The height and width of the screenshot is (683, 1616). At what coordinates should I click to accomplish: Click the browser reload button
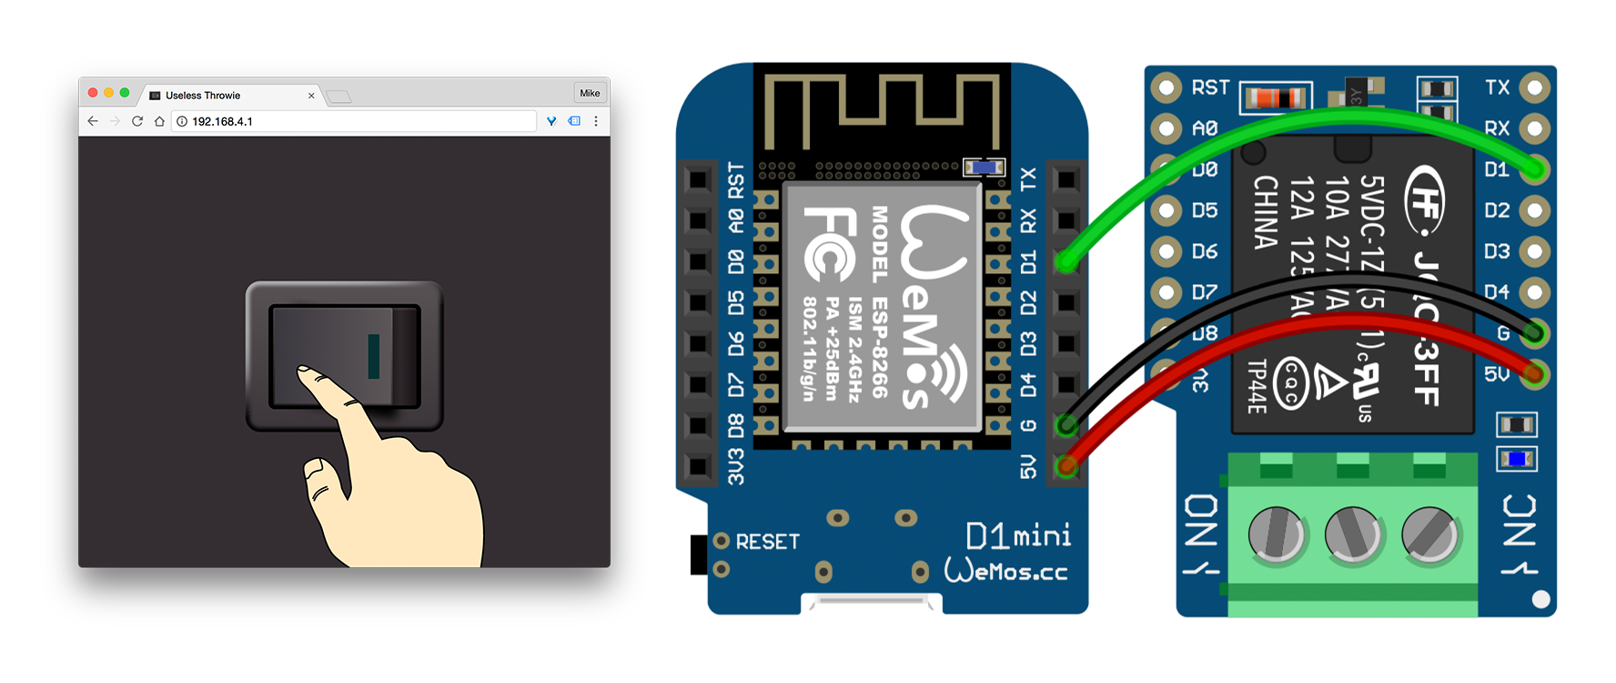[137, 121]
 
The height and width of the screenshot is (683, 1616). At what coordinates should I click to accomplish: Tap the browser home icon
[159, 121]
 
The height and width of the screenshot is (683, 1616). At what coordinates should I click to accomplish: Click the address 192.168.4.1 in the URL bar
[222, 121]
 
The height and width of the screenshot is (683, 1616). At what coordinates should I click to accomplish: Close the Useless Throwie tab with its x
[311, 96]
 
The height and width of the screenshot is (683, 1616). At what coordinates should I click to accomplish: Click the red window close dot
[93, 93]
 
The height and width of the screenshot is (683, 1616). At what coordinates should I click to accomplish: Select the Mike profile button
[590, 93]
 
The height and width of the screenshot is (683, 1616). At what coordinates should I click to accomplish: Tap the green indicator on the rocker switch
[373, 355]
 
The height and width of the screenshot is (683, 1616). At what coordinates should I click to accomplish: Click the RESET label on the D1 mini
[767, 542]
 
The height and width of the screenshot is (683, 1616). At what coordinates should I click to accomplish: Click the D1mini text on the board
[1018, 536]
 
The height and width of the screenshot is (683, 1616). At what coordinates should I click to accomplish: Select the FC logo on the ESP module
[828, 244]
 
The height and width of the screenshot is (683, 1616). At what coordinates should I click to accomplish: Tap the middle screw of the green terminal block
[1353, 534]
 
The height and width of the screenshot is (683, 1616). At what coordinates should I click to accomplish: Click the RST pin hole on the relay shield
[1167, 87]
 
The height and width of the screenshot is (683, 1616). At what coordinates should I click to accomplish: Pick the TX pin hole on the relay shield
[1535, 87]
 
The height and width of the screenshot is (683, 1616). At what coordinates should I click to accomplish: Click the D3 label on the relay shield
[1497, 251]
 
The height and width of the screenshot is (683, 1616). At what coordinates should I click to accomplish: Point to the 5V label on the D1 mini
[1028, 467]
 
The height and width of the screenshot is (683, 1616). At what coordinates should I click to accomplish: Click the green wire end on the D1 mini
[1066, 262]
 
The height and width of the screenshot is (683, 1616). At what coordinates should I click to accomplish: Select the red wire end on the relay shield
[1535, 373]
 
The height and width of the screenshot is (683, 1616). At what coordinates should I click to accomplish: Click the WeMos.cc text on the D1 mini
[1005, 571]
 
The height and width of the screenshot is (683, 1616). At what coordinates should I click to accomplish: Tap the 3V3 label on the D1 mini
[735, 466]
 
